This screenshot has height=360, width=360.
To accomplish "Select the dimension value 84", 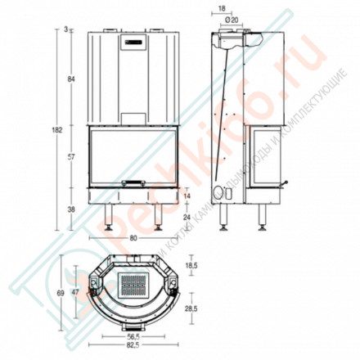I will point(72,79).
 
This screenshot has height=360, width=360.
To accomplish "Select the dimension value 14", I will point(188,196).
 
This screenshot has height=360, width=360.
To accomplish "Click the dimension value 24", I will point(188,217).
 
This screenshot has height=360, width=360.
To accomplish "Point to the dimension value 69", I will point(59,291).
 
